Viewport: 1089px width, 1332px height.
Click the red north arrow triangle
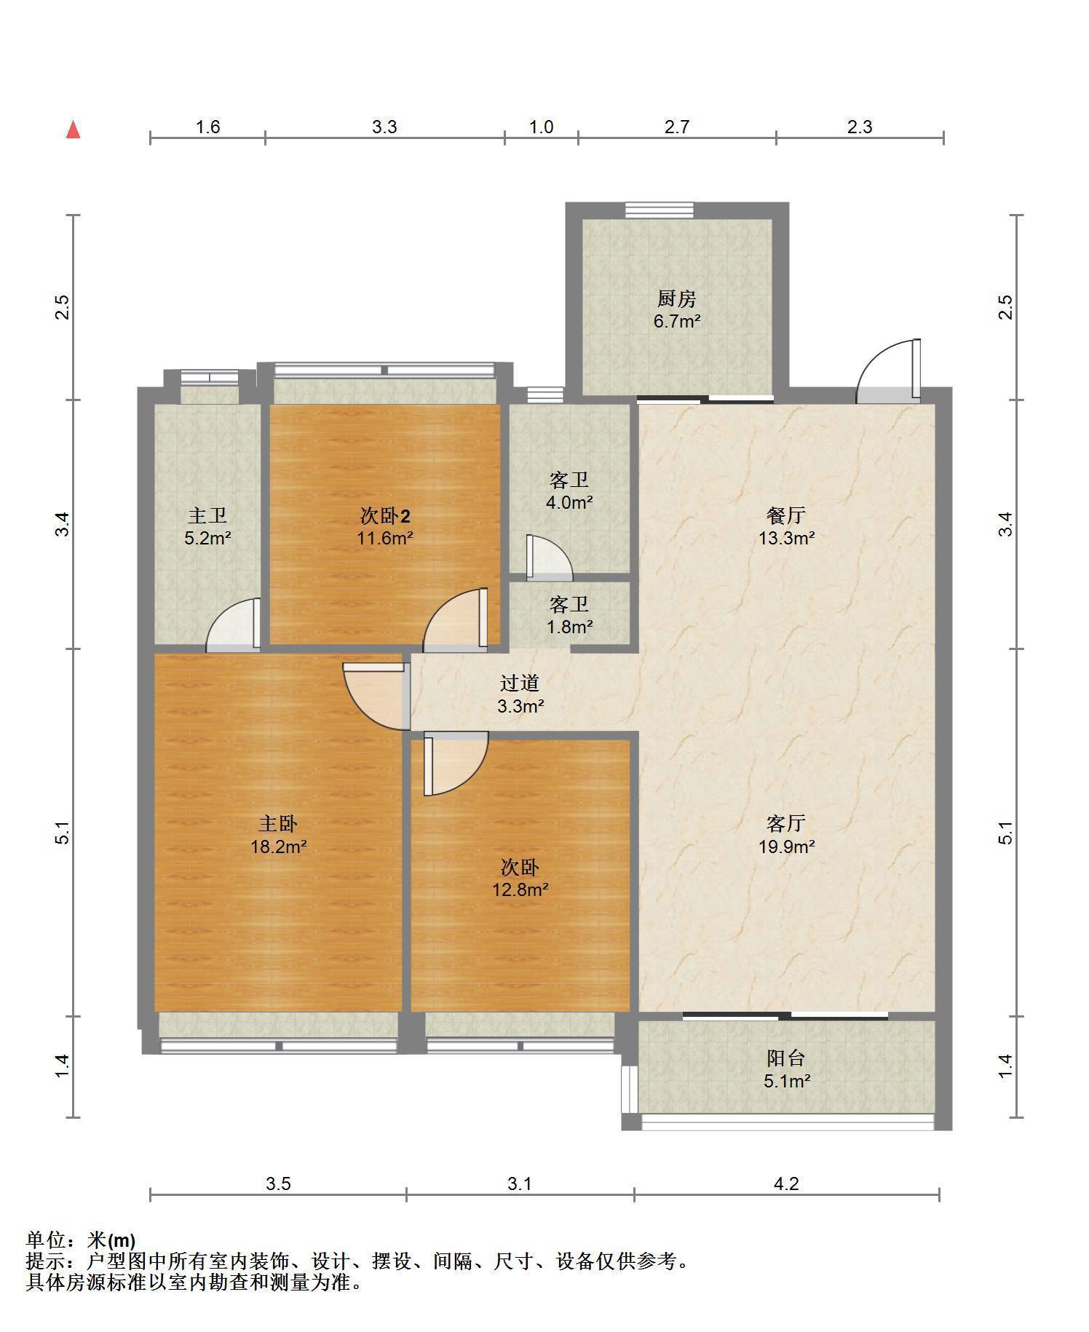tap(73, 130)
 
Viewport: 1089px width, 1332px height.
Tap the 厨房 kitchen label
tap(677, 298)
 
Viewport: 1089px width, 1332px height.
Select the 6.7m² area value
tap(677, 321)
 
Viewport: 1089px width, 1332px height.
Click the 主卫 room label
tap(207, 516)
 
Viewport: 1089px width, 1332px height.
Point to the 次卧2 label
tap(385, 516)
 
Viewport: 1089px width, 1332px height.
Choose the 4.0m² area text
tap(569, 502)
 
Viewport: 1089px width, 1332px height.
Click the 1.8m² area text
tap(569, 626)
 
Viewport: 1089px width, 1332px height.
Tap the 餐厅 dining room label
tap(786, 516)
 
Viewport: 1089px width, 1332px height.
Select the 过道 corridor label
tap(520, 683)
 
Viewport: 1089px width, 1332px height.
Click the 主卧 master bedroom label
tap(278, 824)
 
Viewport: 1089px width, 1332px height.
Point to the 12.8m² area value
tap(520, 889)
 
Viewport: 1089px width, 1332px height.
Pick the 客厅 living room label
tap(786, 824)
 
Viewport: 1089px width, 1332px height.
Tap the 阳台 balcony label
tap(786, 1058)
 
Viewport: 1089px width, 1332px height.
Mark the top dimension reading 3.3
tap(384, 127)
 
